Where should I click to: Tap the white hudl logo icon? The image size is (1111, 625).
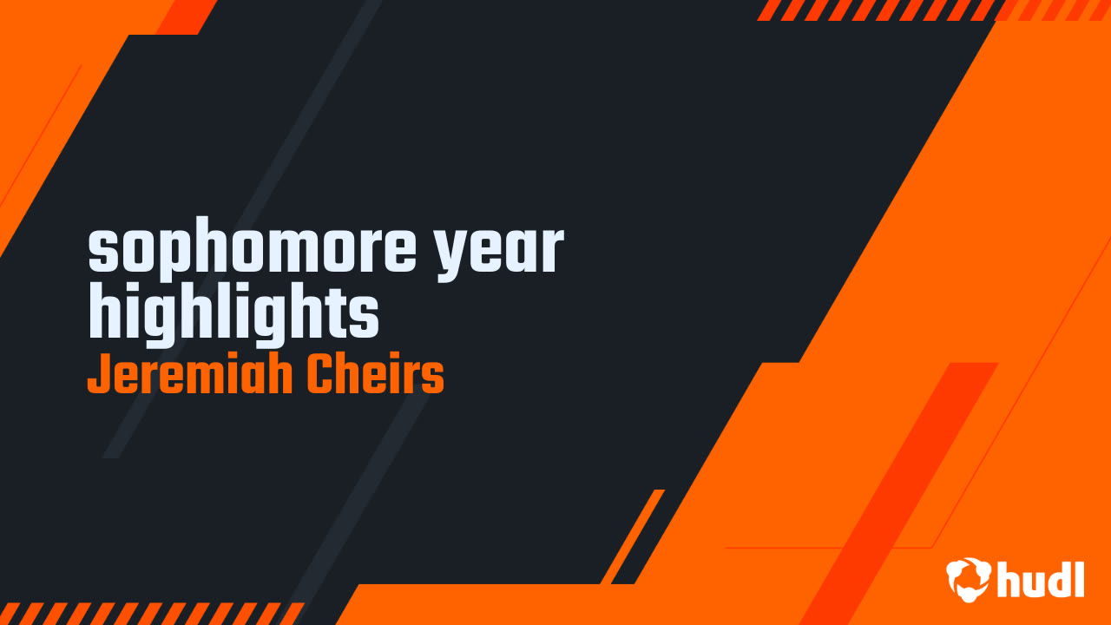(x=969, y=579)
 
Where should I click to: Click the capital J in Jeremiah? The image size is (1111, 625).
(x=99, y=375)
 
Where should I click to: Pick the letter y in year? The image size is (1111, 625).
(x=452, y=255)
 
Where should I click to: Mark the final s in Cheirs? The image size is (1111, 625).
(x=431, y=379)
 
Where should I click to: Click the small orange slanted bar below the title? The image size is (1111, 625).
(x=633, y=536)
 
